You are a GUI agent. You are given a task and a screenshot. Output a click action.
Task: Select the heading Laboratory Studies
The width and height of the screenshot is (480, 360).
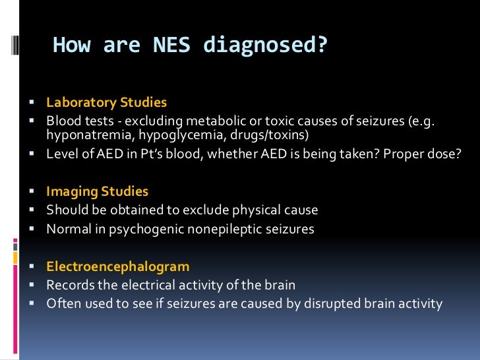tap(106, 103)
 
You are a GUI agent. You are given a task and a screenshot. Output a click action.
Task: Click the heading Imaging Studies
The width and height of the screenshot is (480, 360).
tap(97, 192)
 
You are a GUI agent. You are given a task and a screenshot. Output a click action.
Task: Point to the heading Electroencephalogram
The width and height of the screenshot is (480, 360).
tap(117, 267)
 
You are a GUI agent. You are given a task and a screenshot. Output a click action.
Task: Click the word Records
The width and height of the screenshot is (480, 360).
tap(69, 285)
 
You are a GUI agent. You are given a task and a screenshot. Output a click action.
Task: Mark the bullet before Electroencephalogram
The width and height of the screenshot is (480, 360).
tap(32, 268)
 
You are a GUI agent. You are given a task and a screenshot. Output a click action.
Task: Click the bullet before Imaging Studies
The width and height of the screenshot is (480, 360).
tap(32, 193)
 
